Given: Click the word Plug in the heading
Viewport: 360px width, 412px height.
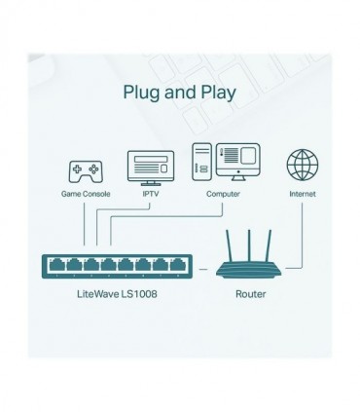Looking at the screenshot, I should pos(141,94).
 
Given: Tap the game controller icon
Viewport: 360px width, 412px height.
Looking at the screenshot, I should pos(82,171).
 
